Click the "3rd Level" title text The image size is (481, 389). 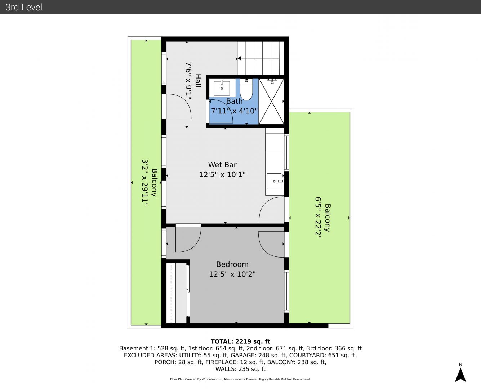tap(24, 7)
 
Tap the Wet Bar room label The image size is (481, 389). tap(222, 165)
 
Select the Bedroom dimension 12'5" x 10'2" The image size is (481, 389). tap(232, 274)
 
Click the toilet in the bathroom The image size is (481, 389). tap(246, 89)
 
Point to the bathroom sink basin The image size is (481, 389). tap(222, 88)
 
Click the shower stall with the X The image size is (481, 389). tap(271, 101)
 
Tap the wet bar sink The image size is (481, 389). tap(275, 181)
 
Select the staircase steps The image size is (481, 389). tap(260, 58)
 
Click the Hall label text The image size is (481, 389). tap(198, 81)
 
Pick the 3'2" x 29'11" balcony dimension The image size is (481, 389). tap(145, 182)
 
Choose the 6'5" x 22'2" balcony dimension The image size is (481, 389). tap(318, 218)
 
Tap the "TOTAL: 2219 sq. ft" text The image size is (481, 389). tap(240, 341)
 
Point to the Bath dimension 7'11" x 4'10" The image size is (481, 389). tap(234, 111)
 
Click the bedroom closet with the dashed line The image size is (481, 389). tap(177, 293)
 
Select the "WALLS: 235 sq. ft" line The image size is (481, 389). tap(240, 369)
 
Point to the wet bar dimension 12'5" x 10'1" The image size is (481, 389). tap(222, 175)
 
